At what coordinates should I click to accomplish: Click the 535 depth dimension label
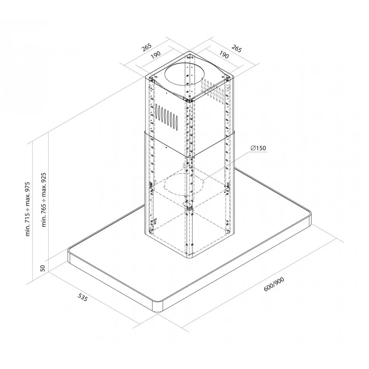click(x=83, y=297)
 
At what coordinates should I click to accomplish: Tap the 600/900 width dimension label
click(x=274, y=284)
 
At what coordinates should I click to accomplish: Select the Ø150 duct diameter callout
click(x=258, y=148)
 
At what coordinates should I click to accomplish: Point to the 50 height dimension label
click(x=42, y=268)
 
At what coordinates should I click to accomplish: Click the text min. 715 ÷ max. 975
click(x=28, y=209)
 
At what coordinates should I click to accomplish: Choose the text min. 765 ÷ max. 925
click(x=44, y=200)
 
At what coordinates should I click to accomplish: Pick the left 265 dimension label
click(x=146, y=47)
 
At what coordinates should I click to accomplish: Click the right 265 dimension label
click(x=237, y=48)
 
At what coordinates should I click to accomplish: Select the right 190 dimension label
click(x=224, y=55)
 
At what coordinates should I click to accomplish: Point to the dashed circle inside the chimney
click(x=184, y=184)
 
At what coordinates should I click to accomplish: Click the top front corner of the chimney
click(x=190, y=100)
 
